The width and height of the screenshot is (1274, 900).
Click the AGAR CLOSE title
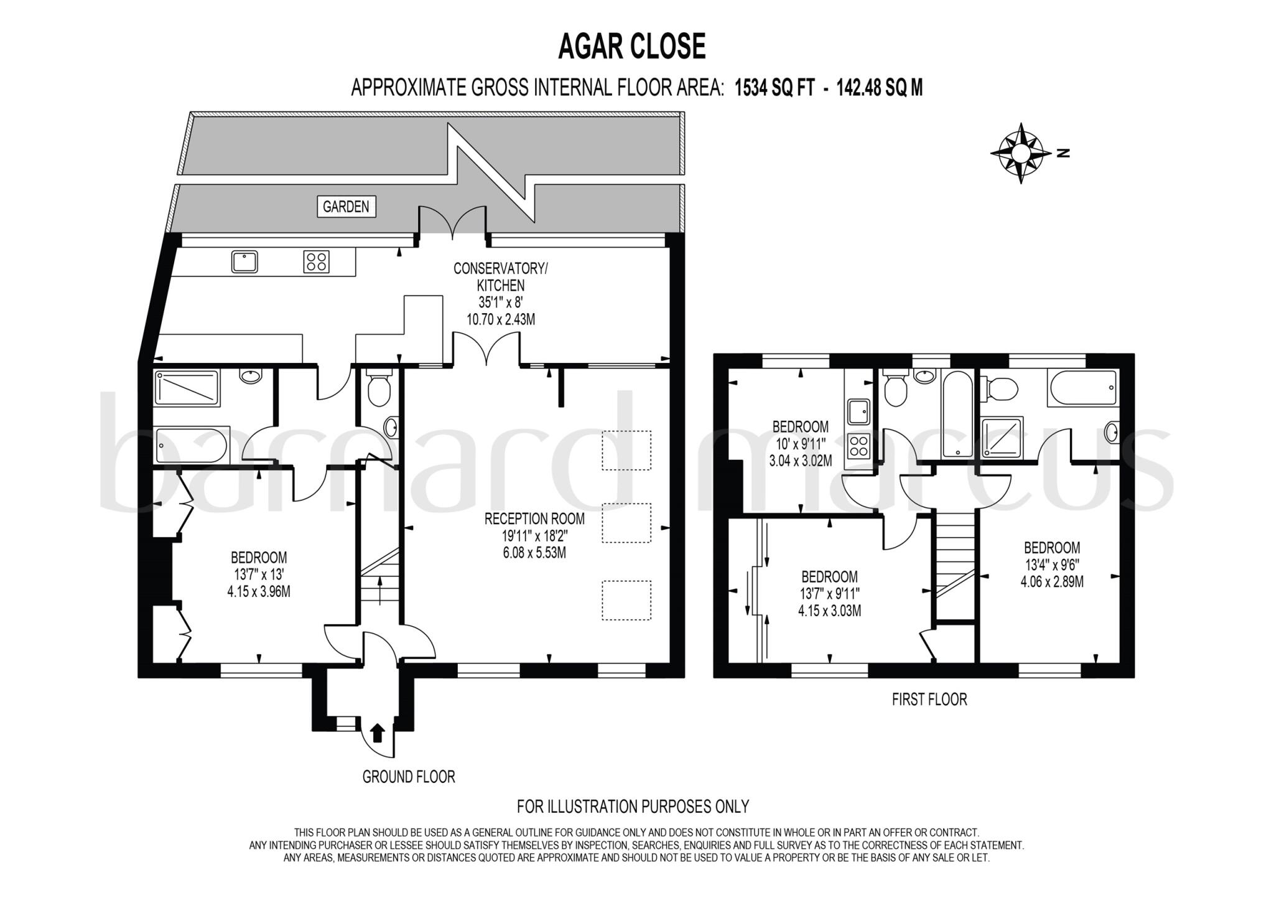[x=631, y=47]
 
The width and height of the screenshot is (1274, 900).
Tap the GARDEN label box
[x=346, y=207]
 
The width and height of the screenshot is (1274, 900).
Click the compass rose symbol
[x=1020, y=152]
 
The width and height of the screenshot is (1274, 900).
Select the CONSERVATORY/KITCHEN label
[x=501, y=277]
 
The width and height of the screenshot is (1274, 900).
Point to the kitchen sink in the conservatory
[x=244, y=261]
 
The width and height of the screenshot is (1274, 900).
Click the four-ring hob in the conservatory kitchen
[x=316, y=261]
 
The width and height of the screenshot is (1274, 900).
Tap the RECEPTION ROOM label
[x=534, y=518]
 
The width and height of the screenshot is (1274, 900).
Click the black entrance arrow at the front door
[x=377, y=733]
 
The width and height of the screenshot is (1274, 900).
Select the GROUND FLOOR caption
[x=409, y=777]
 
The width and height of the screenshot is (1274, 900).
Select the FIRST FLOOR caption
[x=929, y=700]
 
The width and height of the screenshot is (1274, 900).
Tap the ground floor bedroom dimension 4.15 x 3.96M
[x=259, y=591]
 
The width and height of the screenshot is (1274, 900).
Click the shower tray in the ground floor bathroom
[x=187, y=388]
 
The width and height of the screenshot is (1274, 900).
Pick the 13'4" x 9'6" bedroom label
[x=1052, y=565]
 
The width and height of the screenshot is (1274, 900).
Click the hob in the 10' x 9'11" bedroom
[x=858, y=446]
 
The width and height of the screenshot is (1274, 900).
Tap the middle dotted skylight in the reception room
[x=626, y=523]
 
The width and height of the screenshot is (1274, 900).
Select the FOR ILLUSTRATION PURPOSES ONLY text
[x=633, y=807]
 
